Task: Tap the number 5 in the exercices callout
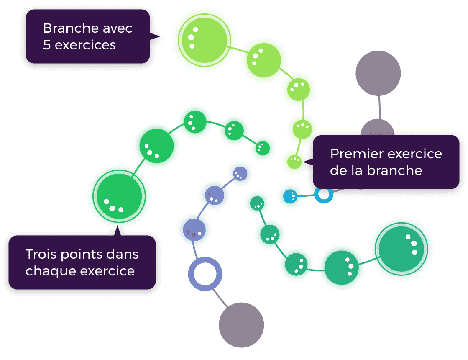(46, 45)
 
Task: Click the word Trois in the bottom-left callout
(41, 254)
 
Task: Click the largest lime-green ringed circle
(205, 40)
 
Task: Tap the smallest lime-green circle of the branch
(294, 162)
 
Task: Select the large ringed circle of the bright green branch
(119, 196)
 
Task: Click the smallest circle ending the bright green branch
(263, 148)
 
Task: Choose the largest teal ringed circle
(402, 249)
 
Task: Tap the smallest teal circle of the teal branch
(257, 203)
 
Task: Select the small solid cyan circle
(290, 196)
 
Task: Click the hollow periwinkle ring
(205, 274)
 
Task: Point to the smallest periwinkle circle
(240, 174)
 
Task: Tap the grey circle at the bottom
(241, 325)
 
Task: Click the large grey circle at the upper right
(378, 73)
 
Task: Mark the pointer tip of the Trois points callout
(118, 226)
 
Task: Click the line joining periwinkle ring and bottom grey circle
(220, 298)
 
